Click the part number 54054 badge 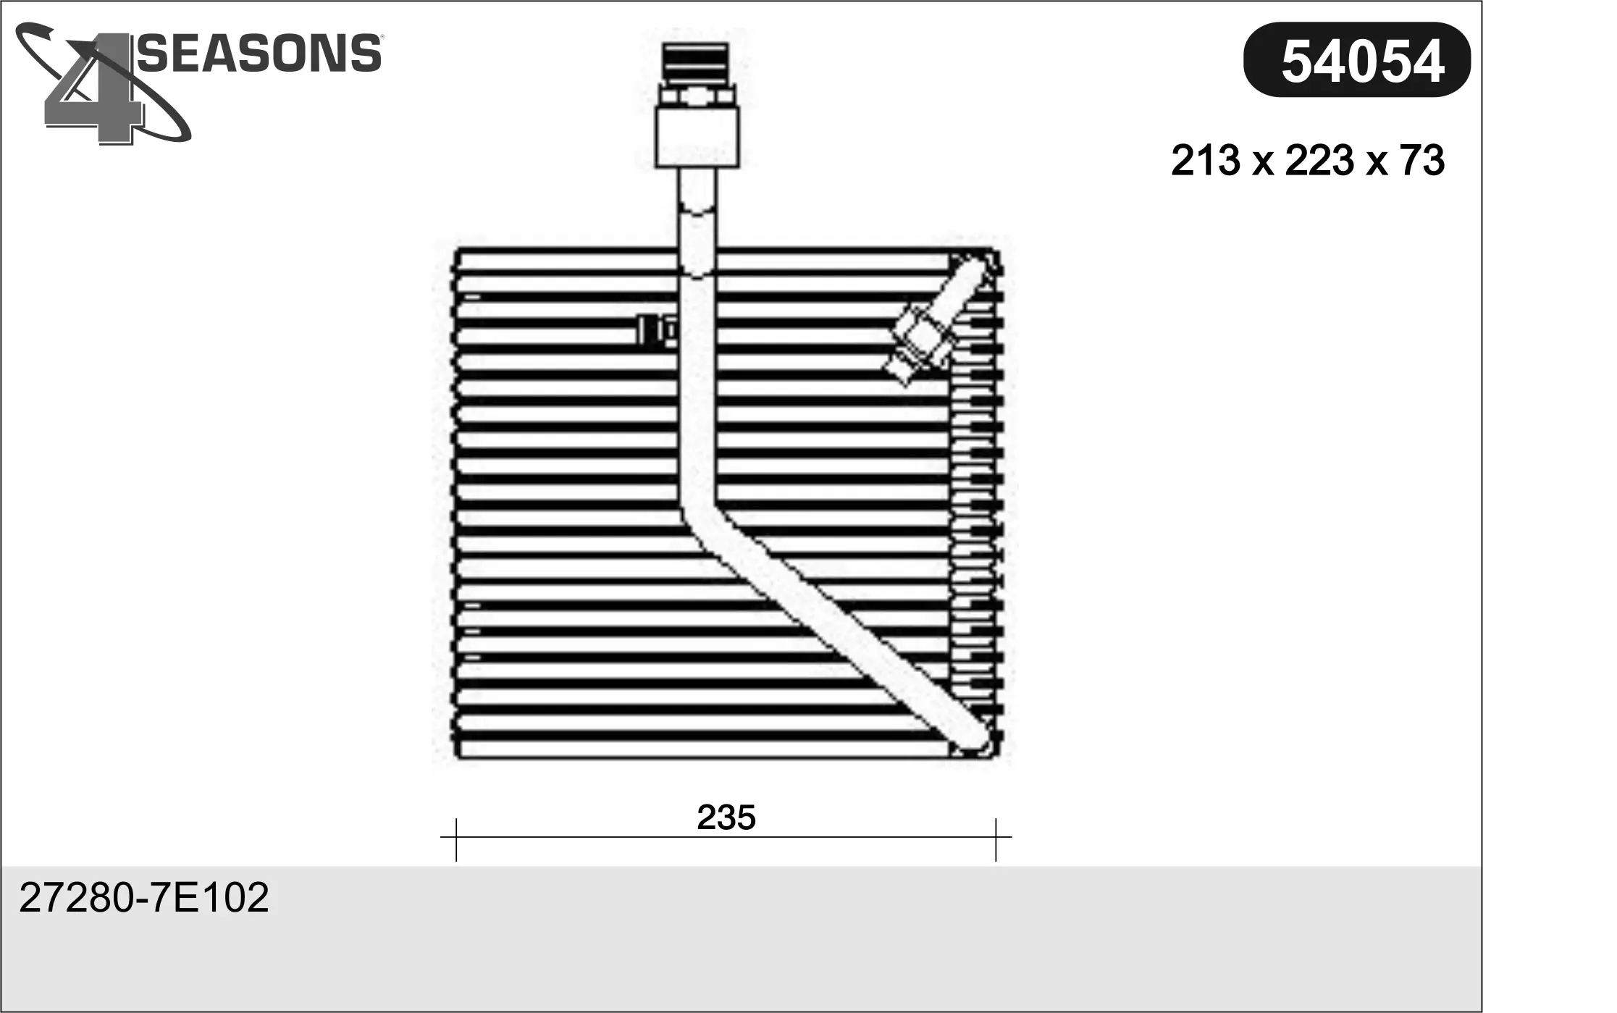(1356, 59)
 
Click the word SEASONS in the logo (259, 53)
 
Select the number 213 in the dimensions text (1205, 161)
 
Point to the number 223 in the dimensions (1319, 161)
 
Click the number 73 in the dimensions (1422, 161)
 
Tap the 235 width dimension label (726, 817)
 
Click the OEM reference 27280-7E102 (144, 898)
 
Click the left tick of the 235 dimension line (456, 840)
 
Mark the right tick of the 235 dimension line (996, 840)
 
